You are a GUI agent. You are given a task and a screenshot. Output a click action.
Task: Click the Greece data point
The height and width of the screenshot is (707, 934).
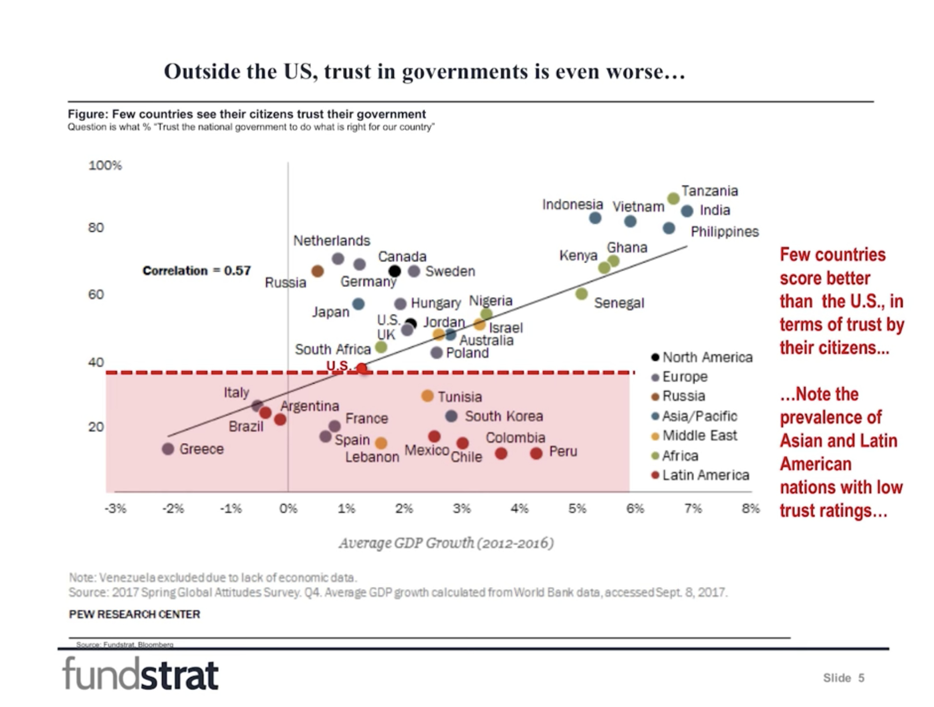[168, 449]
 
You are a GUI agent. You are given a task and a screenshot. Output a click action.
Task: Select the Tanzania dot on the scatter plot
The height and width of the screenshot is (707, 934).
[673, 199]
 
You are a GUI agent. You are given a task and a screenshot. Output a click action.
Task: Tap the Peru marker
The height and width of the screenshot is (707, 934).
[536, 453]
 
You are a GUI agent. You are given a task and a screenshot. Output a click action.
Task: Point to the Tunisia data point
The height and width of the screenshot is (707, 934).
[427, 396]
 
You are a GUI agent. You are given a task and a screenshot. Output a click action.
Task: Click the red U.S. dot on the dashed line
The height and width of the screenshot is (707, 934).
[362, 368]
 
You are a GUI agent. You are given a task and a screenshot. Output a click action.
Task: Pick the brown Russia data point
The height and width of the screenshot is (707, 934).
[318, 271]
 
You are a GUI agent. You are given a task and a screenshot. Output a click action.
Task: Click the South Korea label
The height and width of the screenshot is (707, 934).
[504, 416]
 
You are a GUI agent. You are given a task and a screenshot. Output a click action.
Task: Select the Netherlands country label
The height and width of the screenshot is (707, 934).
[332, 241]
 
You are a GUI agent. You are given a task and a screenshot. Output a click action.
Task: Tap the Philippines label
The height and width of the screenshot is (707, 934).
[725, 232]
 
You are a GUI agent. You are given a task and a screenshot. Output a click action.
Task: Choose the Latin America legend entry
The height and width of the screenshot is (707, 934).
[705, 475]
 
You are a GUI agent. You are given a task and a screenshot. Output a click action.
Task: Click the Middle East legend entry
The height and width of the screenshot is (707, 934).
[699, 436]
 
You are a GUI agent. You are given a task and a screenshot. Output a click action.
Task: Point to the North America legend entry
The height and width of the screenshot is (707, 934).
[707, 357]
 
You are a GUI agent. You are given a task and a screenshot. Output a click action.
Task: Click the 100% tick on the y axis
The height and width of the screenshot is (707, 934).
[105, 165]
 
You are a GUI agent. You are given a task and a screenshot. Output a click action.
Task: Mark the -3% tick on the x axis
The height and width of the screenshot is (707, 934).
[116, 509]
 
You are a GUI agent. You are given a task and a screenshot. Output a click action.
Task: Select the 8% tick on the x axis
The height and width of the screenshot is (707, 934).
[751, 509]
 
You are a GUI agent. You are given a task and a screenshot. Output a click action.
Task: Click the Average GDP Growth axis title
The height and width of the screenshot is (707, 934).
[446, 543]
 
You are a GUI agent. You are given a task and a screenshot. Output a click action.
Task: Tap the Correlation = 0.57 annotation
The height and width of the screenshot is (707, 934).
[197, 271]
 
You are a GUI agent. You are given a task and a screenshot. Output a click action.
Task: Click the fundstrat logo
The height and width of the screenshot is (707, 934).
[141, 673]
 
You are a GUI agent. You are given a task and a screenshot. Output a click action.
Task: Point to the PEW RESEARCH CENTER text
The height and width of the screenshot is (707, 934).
[134, 614]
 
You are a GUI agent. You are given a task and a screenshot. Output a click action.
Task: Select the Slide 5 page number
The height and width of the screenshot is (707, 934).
[843, 678]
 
